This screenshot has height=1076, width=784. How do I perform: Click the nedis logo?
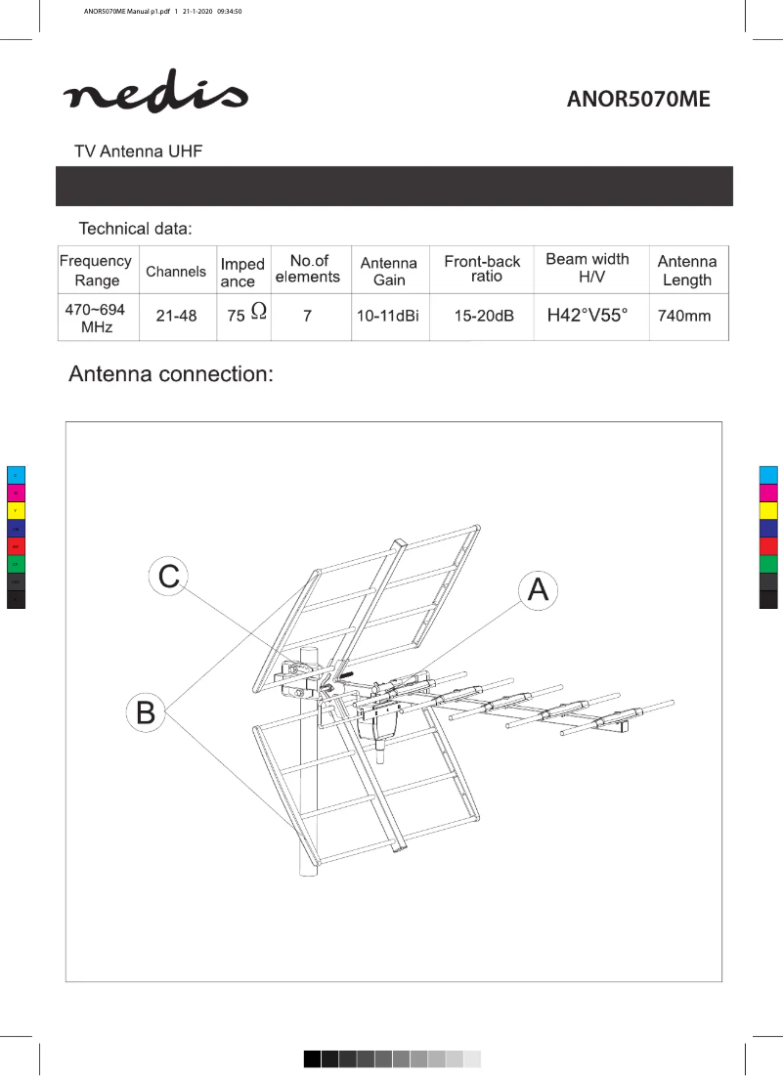(155, 93)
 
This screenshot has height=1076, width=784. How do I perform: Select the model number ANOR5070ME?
(637, 99)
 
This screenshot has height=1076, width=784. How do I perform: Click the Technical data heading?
(135, 229)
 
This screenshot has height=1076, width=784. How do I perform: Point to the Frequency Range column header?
(96, 271)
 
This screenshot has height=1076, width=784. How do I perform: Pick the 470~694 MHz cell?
(96, 318)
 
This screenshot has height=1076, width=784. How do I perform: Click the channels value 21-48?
(176, 317)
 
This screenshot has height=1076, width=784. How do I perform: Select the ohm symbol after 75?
(258, 311)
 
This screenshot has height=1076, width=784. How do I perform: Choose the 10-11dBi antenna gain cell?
(388, 317)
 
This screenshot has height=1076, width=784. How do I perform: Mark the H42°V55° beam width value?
(588, 316)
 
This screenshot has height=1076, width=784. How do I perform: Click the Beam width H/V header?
(588, 269)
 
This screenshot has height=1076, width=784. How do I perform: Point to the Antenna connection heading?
(169, 375)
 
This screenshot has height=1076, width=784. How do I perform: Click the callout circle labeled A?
(538, 589)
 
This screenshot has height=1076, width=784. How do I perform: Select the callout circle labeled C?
(168, 576)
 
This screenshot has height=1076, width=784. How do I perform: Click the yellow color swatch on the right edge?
(768, 511)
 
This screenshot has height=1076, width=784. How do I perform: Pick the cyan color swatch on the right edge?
(768, 475)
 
